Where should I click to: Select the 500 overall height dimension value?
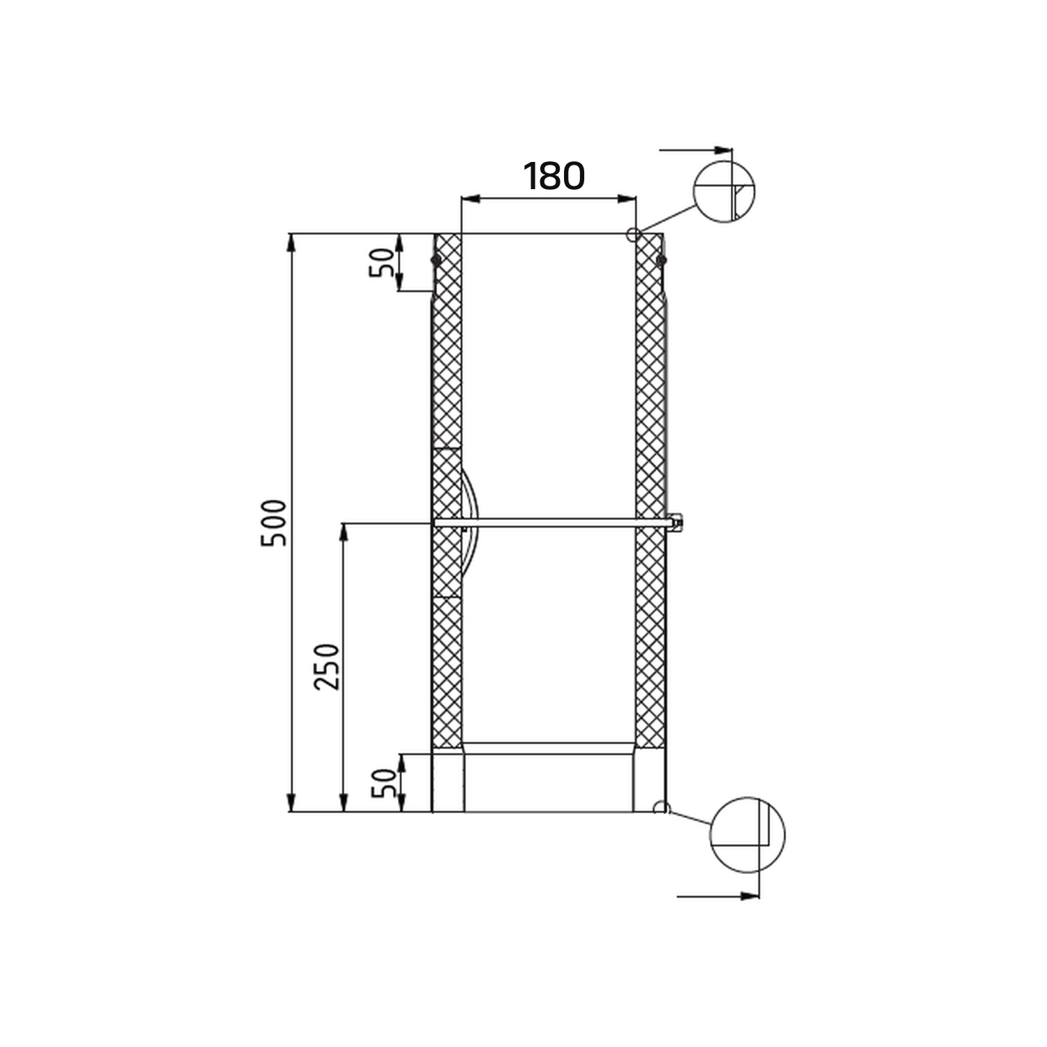(274, 523)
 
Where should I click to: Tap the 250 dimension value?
(327, 667)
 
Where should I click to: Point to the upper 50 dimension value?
(382, 262)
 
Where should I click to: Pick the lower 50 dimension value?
(384, 783)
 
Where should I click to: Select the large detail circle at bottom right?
(747, 834)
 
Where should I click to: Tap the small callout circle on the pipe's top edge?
(633, 234)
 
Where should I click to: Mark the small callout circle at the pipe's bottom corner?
(660, 808)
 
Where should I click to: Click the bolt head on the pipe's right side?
(675, 522)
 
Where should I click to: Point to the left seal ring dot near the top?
(436, 260)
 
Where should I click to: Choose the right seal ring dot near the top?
(661, 260)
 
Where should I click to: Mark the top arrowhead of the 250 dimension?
(343, 532)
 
